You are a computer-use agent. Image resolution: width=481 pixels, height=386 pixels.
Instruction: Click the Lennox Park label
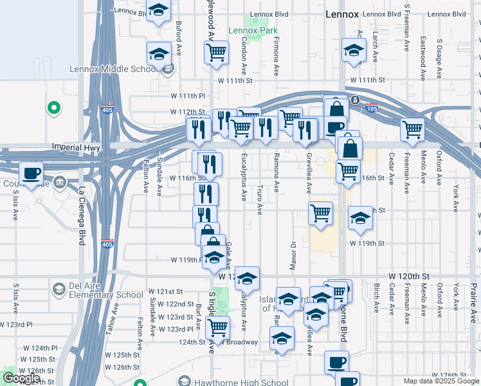point(253,30)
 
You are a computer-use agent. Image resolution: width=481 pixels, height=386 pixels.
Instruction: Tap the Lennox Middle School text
point(113,69)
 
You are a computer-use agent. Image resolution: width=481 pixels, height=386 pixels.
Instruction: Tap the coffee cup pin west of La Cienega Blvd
point(31,172)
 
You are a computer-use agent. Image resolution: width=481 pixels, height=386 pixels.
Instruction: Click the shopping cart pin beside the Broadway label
point(217,327)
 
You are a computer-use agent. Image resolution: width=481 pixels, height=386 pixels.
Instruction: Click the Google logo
point(21,378)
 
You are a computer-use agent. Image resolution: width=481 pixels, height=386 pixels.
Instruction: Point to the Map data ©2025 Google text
point(440,381)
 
